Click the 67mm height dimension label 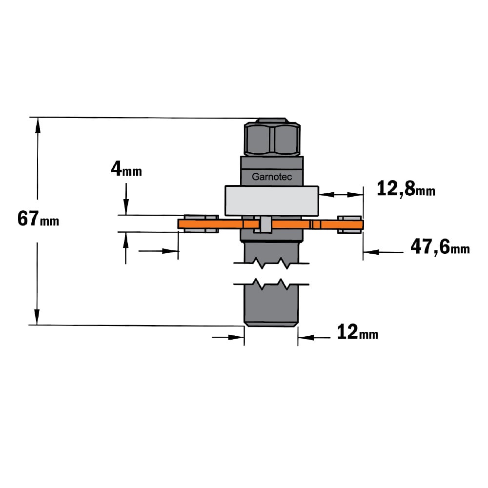[x=38, y=219]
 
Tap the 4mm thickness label [x=126, y=169]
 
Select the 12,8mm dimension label [x=406, y=189]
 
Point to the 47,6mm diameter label [x=440, y=247]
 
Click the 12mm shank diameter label [x=358, y=332]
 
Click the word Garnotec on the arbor [x=272, y=177]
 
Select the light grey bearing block [x=272, y=201]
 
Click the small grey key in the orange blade [x=265, y=224]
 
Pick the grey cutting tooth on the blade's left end [x=201, y=224]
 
